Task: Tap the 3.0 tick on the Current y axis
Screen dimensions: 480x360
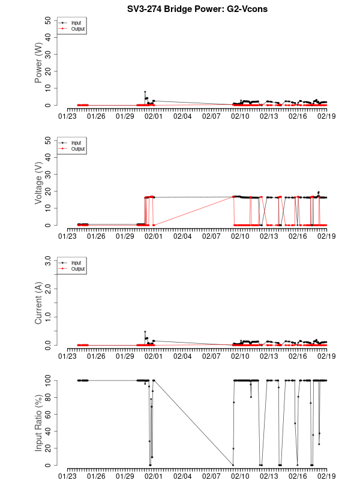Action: pos(47,260)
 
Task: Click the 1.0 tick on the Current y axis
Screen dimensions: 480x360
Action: pos(47,317)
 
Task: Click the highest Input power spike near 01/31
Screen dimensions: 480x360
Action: pos(145,92)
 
